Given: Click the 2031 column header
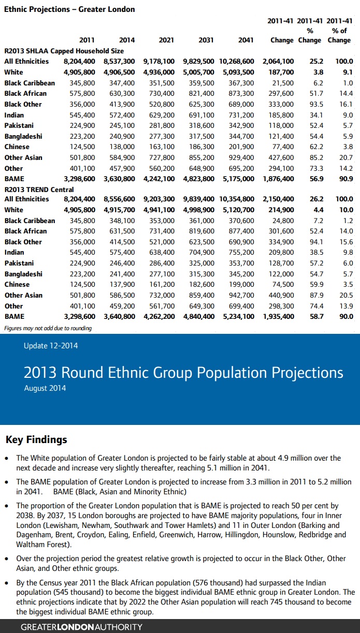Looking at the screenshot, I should click(x=206, y=40).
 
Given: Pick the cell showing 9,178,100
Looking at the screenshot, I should click(x=160, y=61).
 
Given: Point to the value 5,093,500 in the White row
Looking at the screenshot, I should click(x=238, y=72).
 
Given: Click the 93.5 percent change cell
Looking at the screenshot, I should click(x=316, y=104).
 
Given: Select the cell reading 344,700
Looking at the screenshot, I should click(x=242, y=136).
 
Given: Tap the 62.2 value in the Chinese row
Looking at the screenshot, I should click(x=316, y=147).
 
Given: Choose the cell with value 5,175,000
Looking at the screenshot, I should click(x=238, y=179).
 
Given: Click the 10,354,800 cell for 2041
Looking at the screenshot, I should click(x=237, y=199).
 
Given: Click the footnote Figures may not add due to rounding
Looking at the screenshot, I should click(x=48, y=328).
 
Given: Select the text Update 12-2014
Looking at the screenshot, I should click(x=51, y=346).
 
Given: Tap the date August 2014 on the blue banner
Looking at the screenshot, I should click(x=45, y=388).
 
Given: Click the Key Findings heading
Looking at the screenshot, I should click(x=36, y=440).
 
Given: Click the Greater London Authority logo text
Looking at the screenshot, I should click(x=81, y=627).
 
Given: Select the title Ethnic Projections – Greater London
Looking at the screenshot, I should click(x=69, y=9).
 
